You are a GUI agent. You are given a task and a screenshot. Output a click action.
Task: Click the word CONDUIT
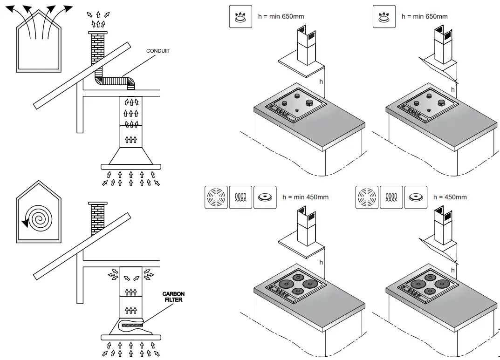coord(158,51)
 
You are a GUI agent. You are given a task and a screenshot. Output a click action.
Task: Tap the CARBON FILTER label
coord(173,297)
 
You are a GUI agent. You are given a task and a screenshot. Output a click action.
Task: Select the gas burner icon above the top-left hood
coord(240,17)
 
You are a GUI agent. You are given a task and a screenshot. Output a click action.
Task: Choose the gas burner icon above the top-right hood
coord(384,17)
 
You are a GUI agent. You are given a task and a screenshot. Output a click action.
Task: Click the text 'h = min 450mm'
coord(305,197)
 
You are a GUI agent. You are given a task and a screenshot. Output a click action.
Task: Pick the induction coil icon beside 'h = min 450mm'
coord(240,197)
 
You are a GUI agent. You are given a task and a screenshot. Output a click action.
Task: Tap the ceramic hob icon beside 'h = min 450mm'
coord(265,197)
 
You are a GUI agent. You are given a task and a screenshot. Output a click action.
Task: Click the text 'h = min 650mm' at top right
coord(425,17)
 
